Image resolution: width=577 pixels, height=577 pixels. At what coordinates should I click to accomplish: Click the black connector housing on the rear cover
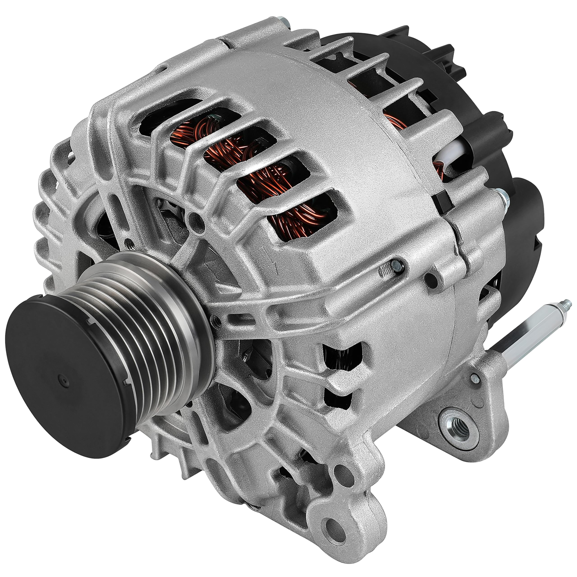(x=526, y=221)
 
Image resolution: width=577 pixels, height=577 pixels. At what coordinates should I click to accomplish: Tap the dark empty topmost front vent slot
(x=167, y=115)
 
